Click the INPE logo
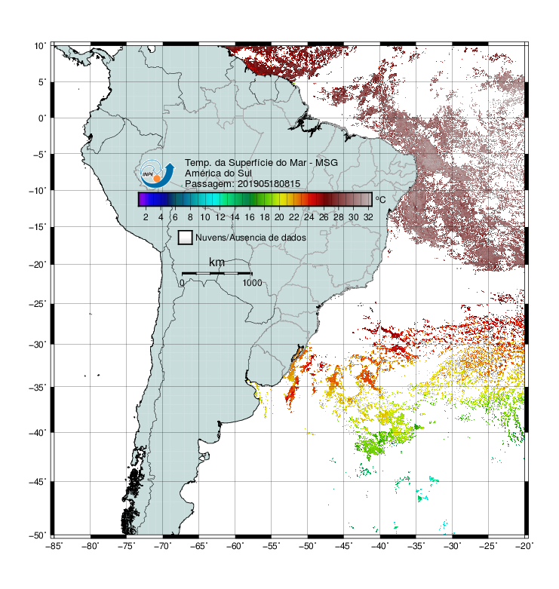click(x=157, y=173)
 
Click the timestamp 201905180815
click(x=269, y=184)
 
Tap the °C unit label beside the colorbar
click(x=380, y=199)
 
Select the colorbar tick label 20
click(x=279, y=217)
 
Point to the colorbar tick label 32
click(x=368, y=217)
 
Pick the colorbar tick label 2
click(x=146, y=217)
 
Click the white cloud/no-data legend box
click(x=186, y=238)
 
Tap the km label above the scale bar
click(x=217, y=262)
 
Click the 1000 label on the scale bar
click(x=252, y=283)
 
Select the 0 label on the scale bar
click(x=182, y=283)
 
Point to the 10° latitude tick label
click(x=40, y=46)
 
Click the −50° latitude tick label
click(x=38, y=535)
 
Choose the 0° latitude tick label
click(x=42, y=118)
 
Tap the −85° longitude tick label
click(x=54, y=546)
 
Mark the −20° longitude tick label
click(x=525, y=546)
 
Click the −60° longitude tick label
click(x=235, y=546)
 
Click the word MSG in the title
click(x=327, y=163)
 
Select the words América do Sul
click(x=218, y=173)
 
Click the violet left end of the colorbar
click(x=141, y=199)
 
